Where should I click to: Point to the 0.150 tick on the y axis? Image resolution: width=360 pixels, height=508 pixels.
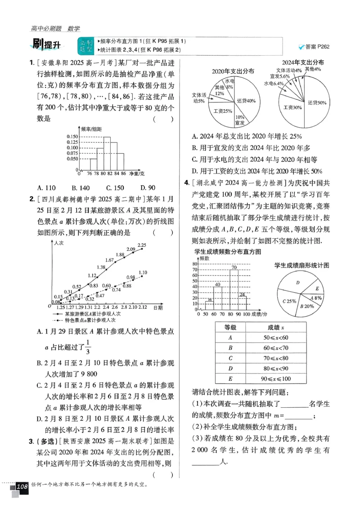[x=72, y=136]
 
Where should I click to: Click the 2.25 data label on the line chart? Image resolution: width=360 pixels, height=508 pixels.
[x=142, y=245]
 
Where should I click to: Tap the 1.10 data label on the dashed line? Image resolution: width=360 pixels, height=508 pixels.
[x=143, y=272]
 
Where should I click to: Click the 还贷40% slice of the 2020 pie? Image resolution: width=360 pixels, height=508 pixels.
[x=246, y=100]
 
